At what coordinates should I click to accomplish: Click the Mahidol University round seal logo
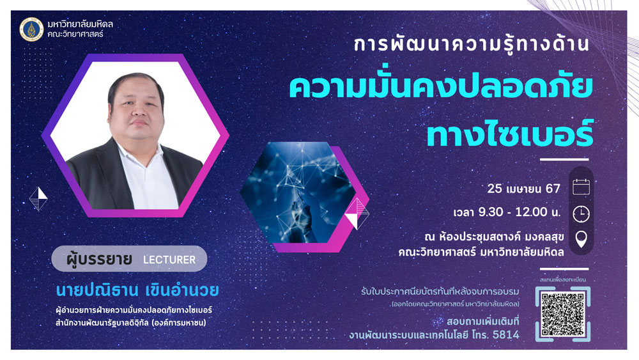pyautogui.click(x=31, y=29)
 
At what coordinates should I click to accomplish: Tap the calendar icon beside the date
pyautogui.click(x=581, y=187)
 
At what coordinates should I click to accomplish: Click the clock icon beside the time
pyautogui.click(x=581, y=214)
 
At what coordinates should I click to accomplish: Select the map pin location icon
pyautogui.click(x=581, y=239)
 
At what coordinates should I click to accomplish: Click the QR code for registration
pyautogui.click(x=563, y=314)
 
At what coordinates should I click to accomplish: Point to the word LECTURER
pyautogui.click(x=169, y=260)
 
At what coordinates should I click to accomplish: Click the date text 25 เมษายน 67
pyautogui.click(x=524, y=189)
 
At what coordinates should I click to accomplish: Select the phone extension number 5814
pyautogui.click(x=506, y=334)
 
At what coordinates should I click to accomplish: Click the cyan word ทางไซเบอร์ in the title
pyautogui.click(x=510, y=133)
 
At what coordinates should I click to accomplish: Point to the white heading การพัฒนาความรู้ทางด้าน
pyautogui.click(x=472, y=43)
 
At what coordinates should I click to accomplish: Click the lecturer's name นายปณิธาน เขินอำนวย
pyautogui.click(x=137, y=290)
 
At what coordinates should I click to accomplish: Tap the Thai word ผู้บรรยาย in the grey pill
pyautogui.click(x=100, y=260)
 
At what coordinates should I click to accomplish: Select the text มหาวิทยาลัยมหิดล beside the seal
pyautogui.click(x=81, y=24)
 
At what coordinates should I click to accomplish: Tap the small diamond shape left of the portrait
pyautogui.click(x=38, y=199)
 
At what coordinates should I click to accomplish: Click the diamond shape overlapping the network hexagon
pyautogui.click(x=357, y=214)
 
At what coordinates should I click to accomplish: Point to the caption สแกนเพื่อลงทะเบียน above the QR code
pyautogui.click(x=563, y=279)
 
